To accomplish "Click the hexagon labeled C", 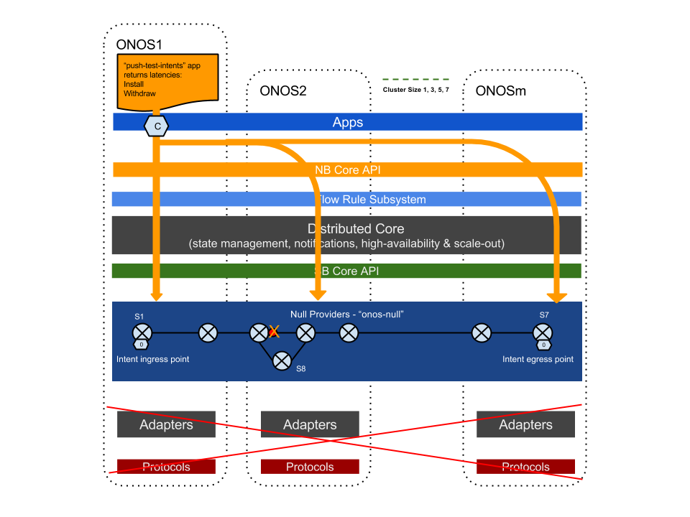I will [157, 126].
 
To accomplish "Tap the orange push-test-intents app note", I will [167, 80].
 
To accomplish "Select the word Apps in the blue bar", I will [348, 122].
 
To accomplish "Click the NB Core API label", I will [348, 170].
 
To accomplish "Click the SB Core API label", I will [346, 271].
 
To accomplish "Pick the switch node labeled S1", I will [142, 332].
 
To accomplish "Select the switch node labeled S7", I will [543, 332].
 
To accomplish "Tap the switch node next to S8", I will [282, 360].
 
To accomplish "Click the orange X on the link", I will [274, 332].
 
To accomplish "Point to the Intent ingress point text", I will [153, 359].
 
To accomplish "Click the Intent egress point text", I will [538, 359].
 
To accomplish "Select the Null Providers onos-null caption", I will [347, 315].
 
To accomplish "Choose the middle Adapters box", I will [310, 424].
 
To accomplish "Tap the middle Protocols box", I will [310, 467].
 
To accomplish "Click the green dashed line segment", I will [415, 79].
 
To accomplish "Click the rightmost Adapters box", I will [525, 424].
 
